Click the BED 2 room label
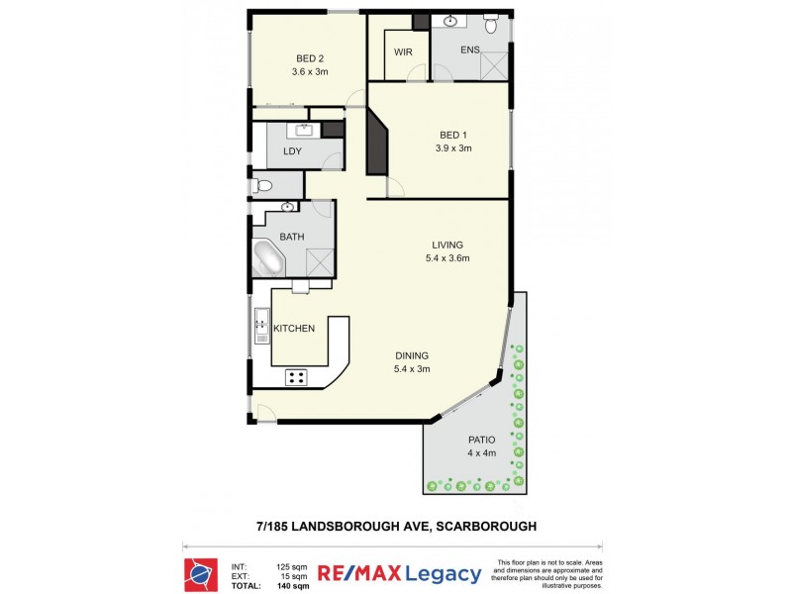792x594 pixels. point(309,57)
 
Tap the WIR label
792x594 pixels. point(403,51)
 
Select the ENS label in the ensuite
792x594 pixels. point(470,49)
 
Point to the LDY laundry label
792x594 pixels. point(292,151)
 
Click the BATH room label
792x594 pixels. point(292,237)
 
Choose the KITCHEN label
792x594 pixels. point(294,329)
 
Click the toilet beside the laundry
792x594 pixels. point(262,185)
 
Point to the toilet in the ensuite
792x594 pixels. point(490,21)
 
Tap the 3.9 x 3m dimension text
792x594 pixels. point(453,148)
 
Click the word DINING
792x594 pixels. point(412,356)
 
